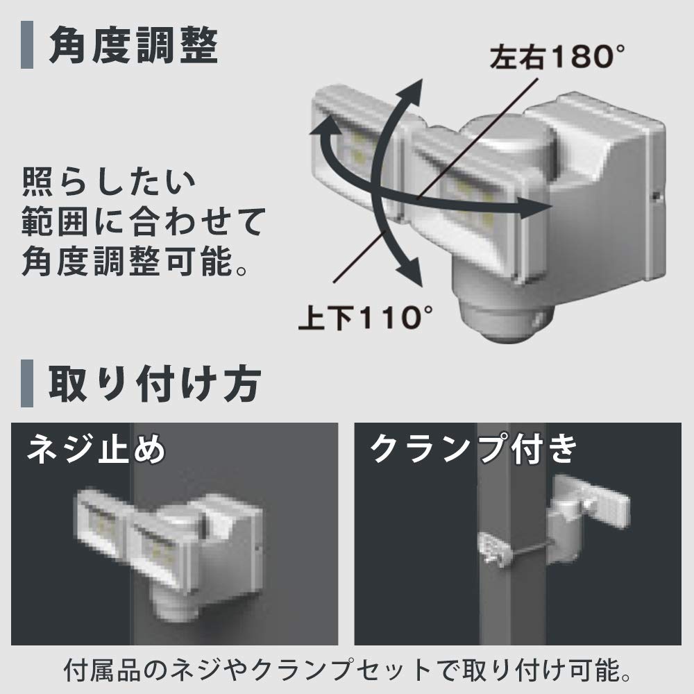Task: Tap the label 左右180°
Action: coord(552,57)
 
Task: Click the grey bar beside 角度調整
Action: coord(27,47)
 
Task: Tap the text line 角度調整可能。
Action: coord(135,262)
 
